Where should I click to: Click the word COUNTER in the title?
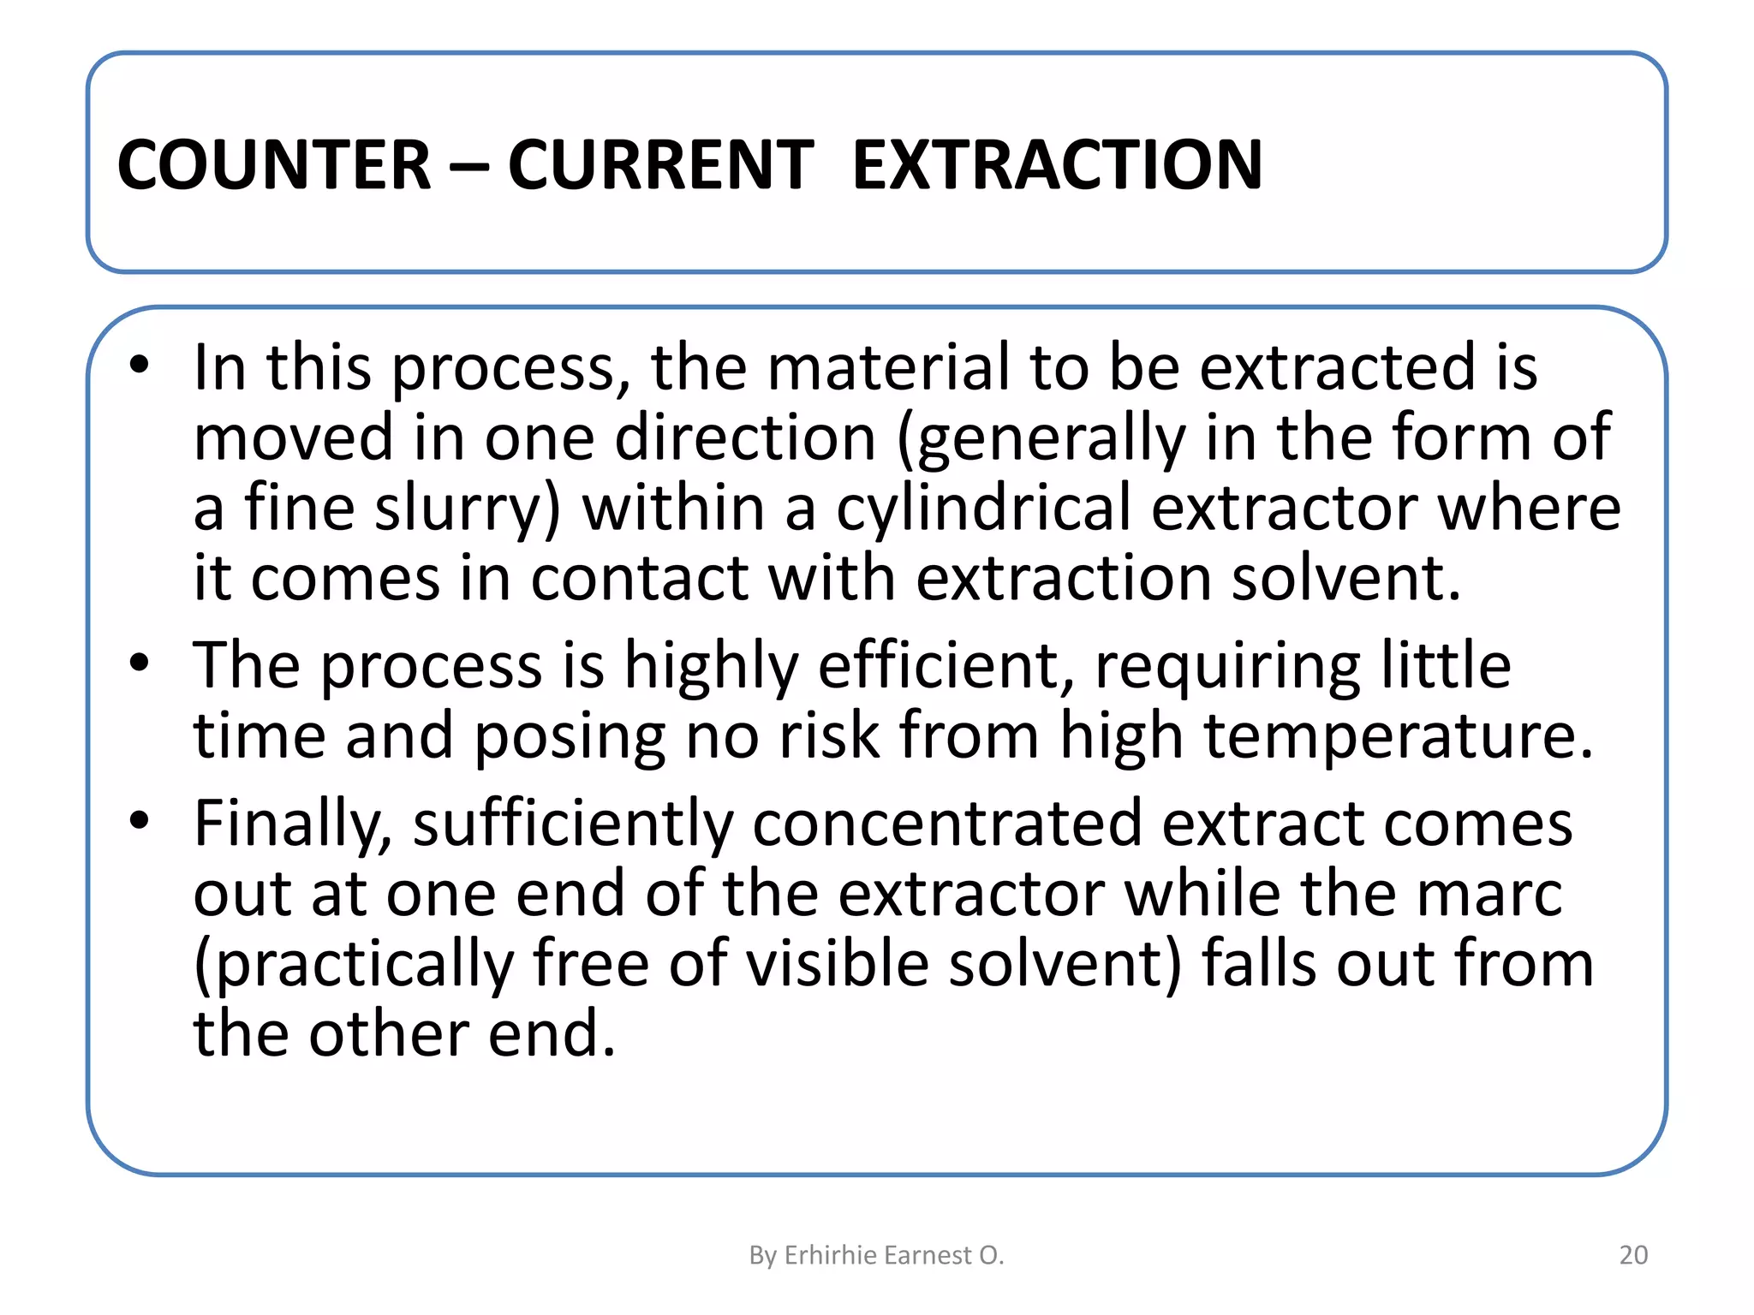click(273, 164)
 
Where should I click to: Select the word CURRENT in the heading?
click(660, 164)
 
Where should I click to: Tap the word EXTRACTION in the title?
click(1057, 164)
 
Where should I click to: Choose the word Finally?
click(292, 824)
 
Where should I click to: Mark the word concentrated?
click(947, 824)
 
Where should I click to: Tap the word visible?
click(838, 964)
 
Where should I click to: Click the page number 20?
click(1633, 1255)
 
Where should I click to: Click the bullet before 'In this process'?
click(140, 366)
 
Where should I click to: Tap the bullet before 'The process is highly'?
click(140, 663)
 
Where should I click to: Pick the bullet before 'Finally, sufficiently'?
click(140, 822)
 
